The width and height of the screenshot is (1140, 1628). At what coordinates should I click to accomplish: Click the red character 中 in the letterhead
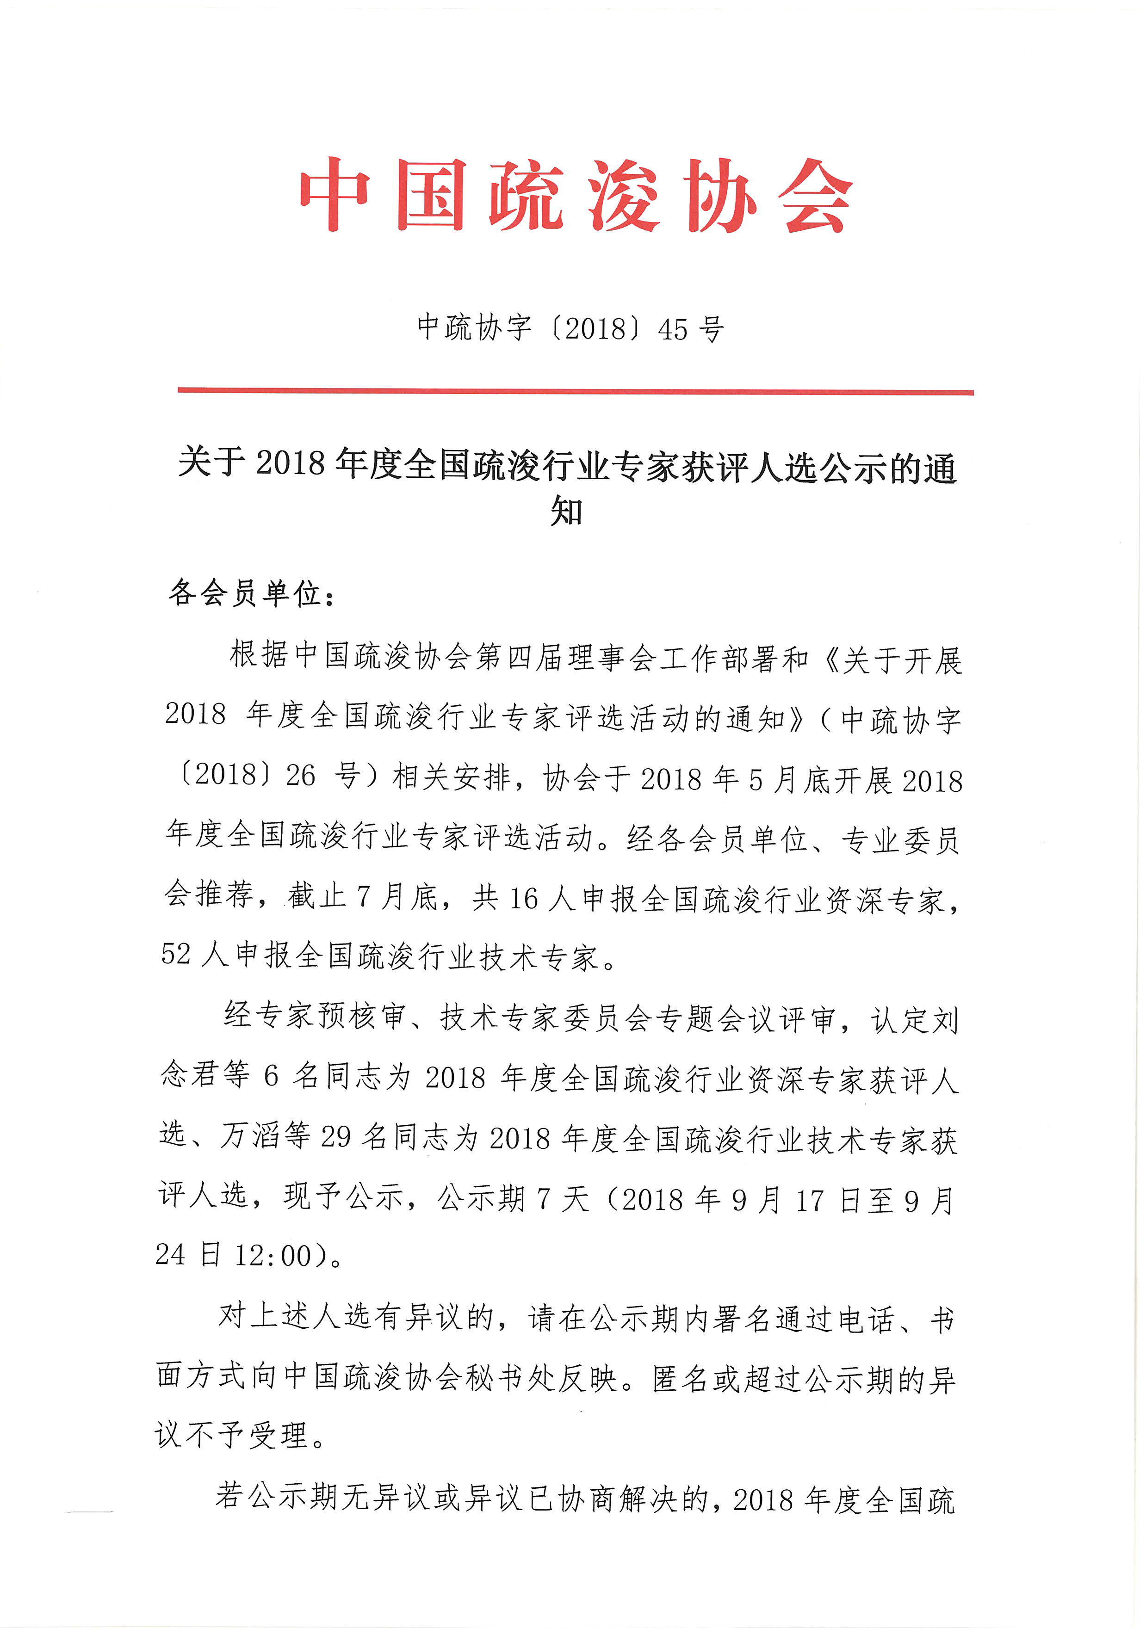click(x=334, y=195)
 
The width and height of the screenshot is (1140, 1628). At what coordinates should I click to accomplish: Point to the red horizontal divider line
click(x=575, y=391)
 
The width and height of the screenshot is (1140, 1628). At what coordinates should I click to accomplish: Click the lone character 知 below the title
click(x=566, y=511)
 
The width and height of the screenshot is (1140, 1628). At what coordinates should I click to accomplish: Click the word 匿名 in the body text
click(x=681, y=1379)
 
